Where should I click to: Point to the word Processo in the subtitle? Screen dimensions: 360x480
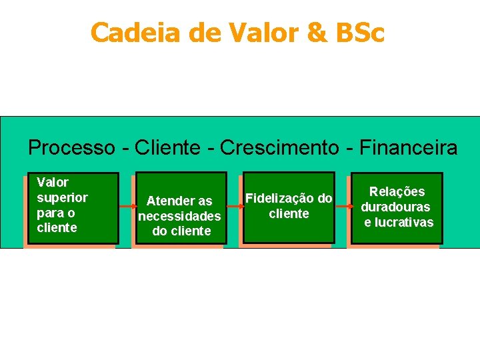[x=71, y=147]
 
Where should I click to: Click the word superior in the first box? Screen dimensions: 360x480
[x=62, y=197]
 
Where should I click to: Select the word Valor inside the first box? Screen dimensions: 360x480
[x=53, y=182]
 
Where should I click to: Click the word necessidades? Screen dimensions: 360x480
[x=179, y=216]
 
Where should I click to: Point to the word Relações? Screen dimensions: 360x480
[x=397, y=192]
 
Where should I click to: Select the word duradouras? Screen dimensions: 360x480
[x=396, y=207]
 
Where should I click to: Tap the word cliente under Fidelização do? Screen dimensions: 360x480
[x=289, y=213]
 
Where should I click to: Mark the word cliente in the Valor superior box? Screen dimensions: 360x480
[x=57, y=228]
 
